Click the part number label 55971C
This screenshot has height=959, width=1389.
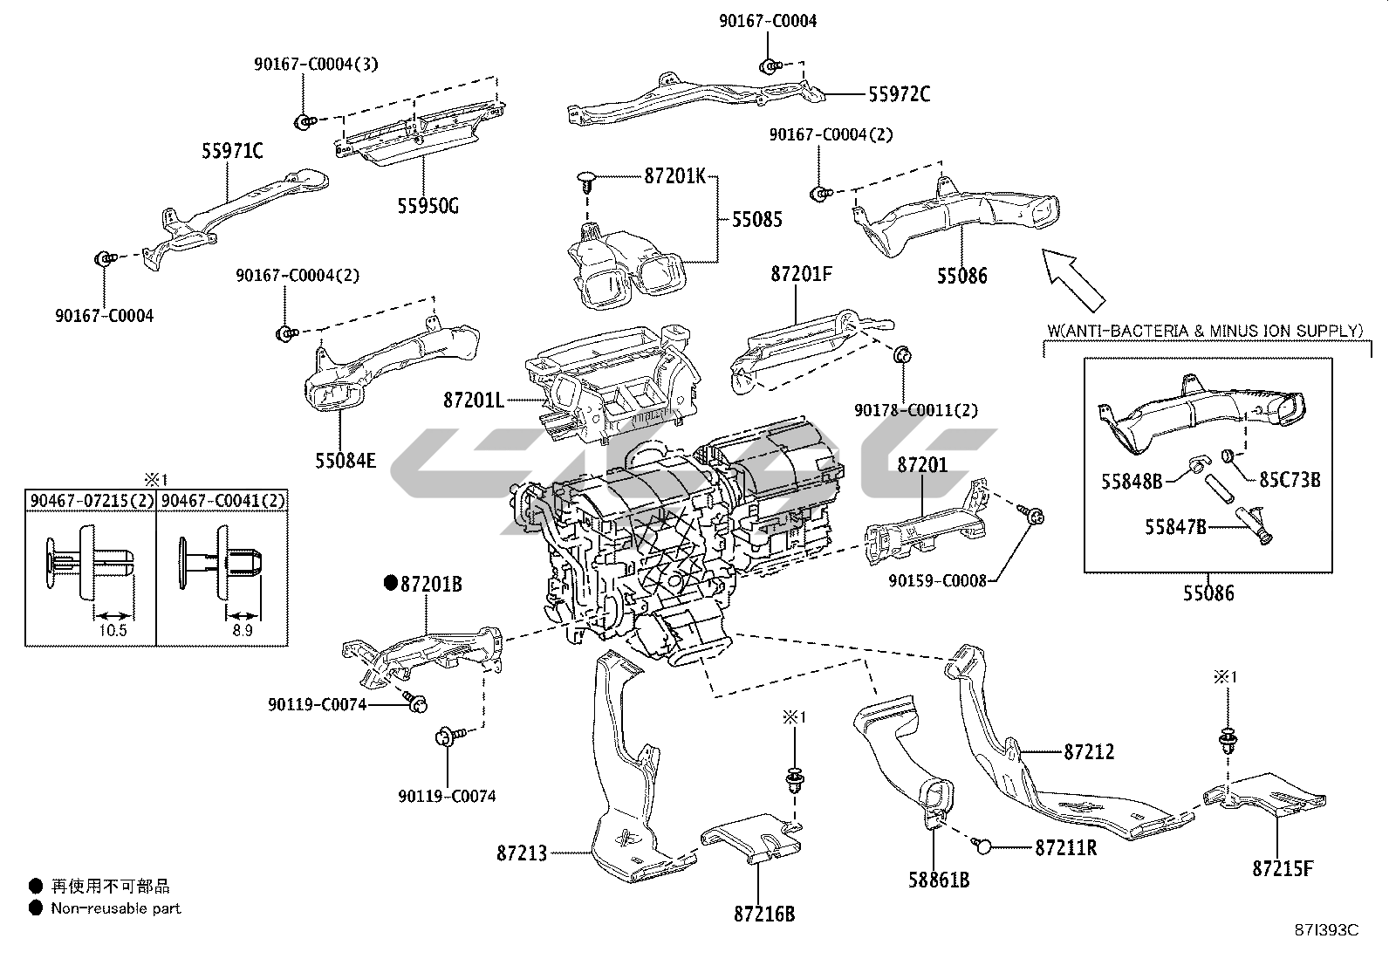[232, 151]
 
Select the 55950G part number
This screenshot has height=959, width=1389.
[428, 207]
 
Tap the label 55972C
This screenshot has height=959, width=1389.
[899, 94]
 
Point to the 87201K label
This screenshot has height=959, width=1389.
[674, 175]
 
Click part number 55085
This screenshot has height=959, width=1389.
[756, 219]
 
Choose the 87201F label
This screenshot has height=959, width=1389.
[801, 274]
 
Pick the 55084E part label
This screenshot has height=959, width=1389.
[346, 459]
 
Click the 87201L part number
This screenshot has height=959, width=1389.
[474, 401]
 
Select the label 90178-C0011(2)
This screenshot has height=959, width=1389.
[916, 409]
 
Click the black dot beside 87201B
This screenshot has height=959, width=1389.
[391, 583]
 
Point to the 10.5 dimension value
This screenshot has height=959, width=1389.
[113, 630]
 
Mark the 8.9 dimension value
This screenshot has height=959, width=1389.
[243, 630]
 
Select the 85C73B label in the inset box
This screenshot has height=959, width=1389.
[1290, 479]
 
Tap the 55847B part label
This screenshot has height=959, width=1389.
[1175, 526]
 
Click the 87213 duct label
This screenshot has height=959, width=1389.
[522, 853]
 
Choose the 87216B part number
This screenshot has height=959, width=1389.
[764, 914]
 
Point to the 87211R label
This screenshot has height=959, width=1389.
[1066, 846]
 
